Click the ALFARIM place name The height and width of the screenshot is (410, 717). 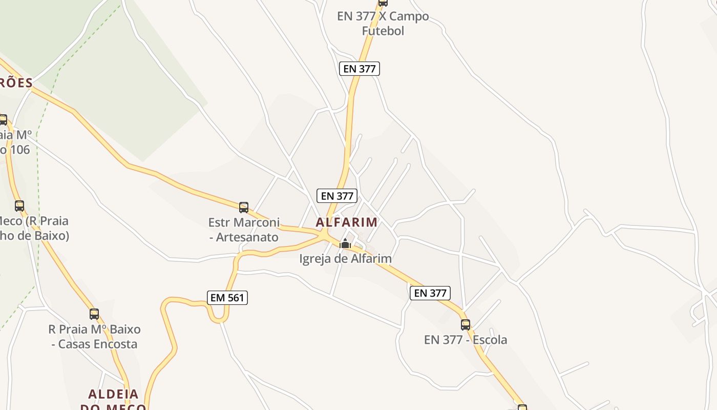tap(347, 222)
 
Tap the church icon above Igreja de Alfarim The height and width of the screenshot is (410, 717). tap(346, 243)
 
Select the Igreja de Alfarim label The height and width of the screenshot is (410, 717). tap(345, 259)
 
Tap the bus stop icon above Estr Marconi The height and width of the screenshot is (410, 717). tap(244, 208)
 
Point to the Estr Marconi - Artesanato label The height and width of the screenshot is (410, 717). tap(244, 230)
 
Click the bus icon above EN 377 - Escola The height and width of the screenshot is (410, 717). tap(466, 324)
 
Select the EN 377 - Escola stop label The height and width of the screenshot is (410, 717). tap(466, 340)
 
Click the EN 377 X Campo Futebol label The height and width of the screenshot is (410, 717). tap(383, 24)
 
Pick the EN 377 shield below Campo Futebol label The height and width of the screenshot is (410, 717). tap(360, 68)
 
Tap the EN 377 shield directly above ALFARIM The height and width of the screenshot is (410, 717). tap(337, 196)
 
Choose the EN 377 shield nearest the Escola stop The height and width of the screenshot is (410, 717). tap(430, 293)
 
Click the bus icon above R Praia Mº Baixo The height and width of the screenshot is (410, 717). tap(94, 314)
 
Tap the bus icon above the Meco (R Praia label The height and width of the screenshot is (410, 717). tap(19, 206)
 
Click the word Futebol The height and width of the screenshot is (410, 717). tap(383, 31)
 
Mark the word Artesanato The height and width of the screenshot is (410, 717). tap(247, 237)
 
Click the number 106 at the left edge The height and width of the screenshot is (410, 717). tap(19, 150)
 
